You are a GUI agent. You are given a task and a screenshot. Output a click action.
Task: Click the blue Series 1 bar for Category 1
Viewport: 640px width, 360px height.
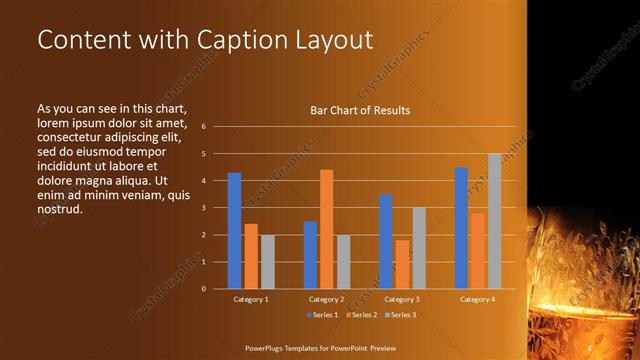234,231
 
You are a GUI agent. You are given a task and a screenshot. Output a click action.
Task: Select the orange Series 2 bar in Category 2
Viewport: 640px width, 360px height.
326,229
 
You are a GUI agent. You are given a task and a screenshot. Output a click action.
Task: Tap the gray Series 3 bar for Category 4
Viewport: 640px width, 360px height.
494,221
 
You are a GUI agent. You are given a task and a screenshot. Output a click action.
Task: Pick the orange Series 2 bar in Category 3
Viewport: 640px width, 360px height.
402,264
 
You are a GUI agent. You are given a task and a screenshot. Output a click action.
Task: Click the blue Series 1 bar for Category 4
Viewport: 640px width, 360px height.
461,228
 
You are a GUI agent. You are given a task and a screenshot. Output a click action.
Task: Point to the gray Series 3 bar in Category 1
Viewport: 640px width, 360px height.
267,262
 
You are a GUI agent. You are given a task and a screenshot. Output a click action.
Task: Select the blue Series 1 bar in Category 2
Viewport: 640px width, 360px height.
310,255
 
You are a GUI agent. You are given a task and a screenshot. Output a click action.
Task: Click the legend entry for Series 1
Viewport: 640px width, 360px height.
322,315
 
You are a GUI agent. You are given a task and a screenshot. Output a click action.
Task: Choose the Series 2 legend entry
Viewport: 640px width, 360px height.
361,315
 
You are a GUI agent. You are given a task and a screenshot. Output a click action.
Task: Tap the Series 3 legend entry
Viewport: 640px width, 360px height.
400,315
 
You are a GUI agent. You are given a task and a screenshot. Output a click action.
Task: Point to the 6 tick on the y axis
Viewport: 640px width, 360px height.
203,127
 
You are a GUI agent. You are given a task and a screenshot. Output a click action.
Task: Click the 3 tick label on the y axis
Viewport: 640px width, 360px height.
203,208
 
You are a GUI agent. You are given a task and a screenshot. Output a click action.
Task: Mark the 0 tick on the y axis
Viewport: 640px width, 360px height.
203,289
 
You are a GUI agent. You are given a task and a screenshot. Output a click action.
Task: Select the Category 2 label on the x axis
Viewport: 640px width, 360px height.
326,299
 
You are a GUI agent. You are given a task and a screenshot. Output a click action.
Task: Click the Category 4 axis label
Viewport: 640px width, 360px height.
477,299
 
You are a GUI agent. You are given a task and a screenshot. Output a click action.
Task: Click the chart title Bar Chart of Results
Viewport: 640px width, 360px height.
360,110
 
